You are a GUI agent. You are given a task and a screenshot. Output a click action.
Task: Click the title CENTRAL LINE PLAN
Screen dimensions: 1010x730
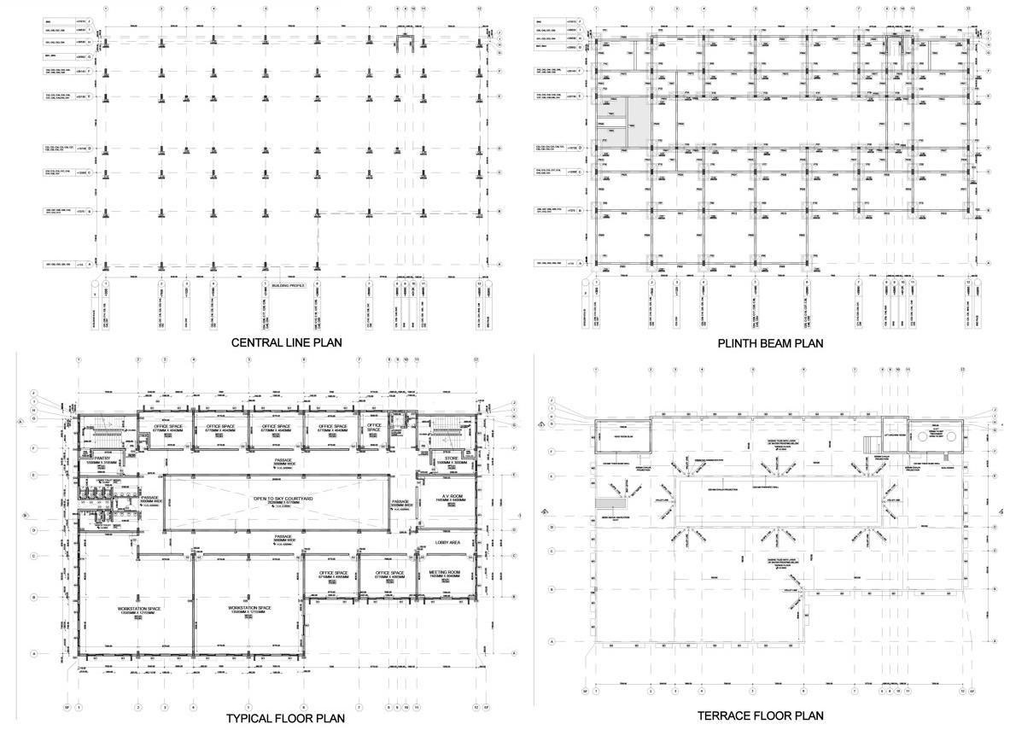coord(287,343)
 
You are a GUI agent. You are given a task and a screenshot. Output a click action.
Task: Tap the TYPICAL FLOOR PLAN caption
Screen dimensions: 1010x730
coord(285,718)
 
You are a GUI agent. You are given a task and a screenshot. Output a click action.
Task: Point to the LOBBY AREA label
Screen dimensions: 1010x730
coord(448,542)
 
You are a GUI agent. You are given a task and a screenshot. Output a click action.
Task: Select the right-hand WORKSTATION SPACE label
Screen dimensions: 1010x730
coord(249,609)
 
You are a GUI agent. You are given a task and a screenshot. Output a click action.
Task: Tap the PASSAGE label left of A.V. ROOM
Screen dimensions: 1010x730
coord(401,501)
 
